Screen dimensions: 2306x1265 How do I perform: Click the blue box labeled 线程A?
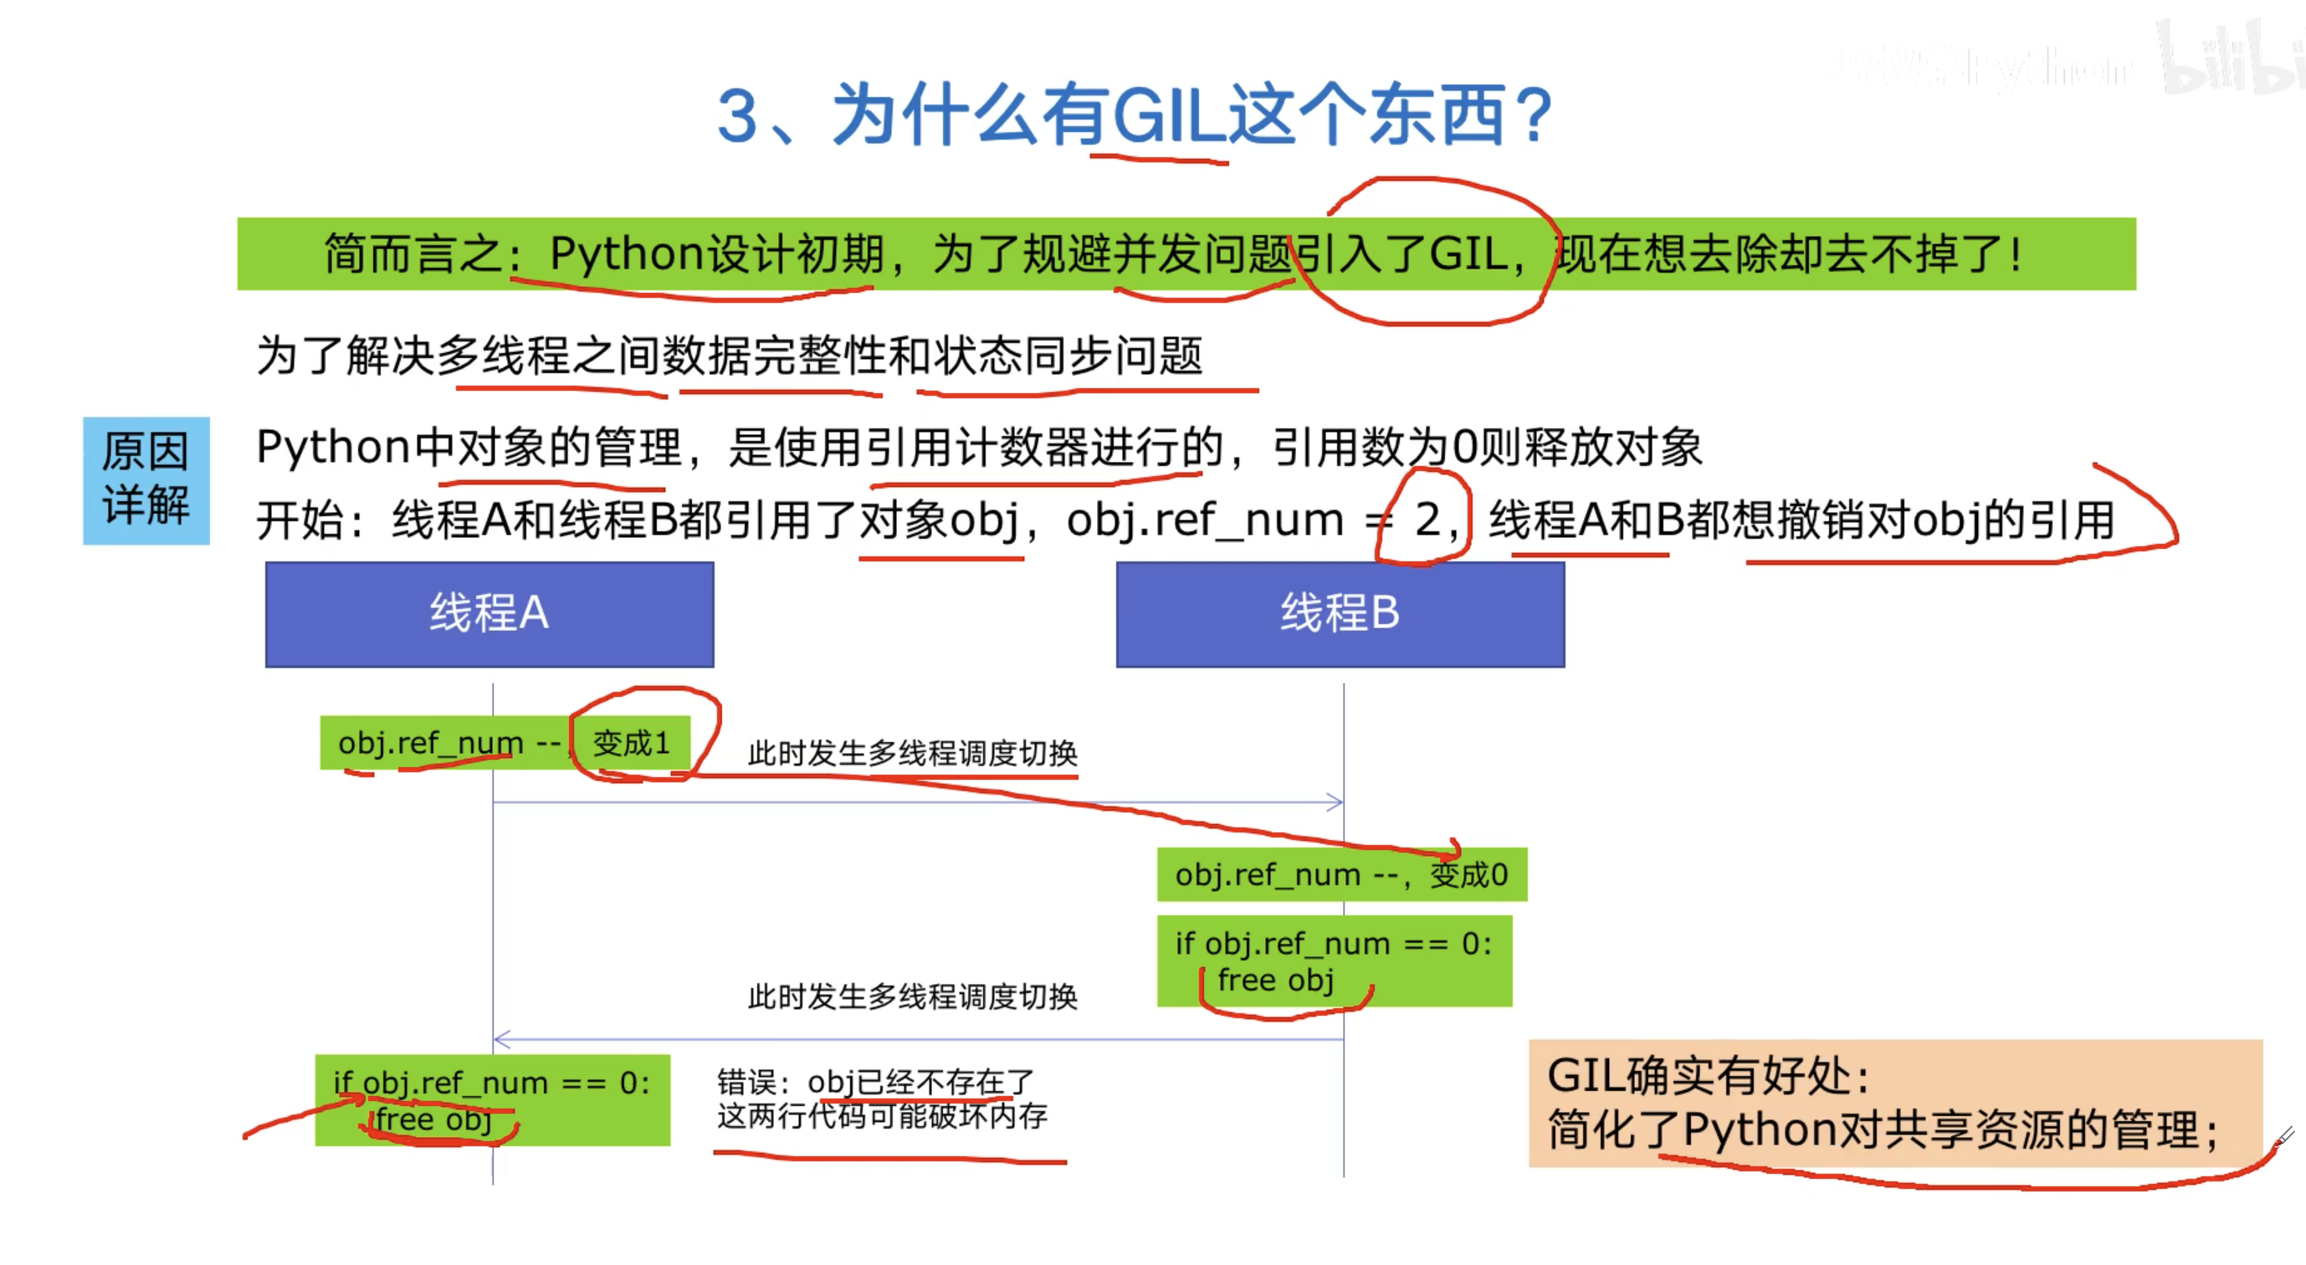coord(489,614)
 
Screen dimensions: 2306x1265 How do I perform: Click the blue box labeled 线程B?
coord(1340,614)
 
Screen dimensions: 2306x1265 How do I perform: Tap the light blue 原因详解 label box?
coord(146,480)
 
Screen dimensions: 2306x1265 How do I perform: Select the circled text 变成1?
coord(631,743)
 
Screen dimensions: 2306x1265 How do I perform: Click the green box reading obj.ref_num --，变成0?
coord(1341,874)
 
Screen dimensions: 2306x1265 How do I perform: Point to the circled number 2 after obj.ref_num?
coord(1427,520)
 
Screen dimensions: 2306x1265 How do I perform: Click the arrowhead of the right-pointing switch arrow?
coord(1335,802)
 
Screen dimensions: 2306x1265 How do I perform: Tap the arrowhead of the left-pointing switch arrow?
coord(501,1039)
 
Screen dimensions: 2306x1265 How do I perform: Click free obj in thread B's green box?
coord(1276,981)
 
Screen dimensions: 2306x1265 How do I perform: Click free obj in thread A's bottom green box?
coord(433,1120)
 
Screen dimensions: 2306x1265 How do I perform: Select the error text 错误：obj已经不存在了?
coord(874,1083)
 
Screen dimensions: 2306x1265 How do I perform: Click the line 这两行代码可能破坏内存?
coord(882,1116)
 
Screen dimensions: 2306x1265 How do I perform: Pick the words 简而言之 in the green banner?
coord(413,254)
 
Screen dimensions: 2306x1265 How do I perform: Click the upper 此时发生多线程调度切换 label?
coord(912,754)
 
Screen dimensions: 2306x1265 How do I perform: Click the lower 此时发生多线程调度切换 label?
coord(912,996)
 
